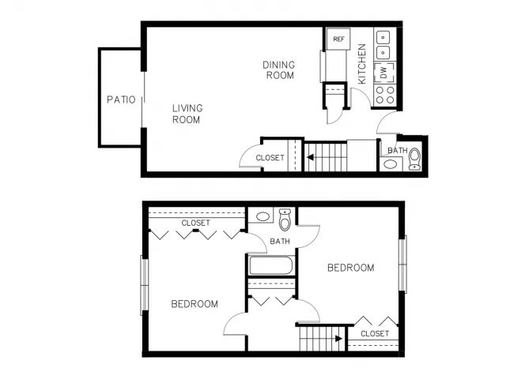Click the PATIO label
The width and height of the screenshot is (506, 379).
click(121, 99)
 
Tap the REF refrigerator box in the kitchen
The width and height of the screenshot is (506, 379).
click(338, 39)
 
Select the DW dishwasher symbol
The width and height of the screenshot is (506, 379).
click(384, 73)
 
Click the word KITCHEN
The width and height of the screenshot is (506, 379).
click(362, 64)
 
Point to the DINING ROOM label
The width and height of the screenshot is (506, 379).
click(279, 70)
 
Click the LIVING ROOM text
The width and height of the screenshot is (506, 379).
click(187, 114)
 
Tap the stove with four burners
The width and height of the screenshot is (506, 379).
click(385, 95)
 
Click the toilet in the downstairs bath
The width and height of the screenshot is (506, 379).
click(414, 159)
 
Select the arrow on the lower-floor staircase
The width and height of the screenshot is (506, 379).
click(310, 157)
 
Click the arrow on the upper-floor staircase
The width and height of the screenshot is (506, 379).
click(338, 339)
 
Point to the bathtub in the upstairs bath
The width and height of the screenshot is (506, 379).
click(271, 265)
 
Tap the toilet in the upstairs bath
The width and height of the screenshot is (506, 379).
click(285, 220)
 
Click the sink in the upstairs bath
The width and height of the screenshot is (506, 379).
click(262, 216)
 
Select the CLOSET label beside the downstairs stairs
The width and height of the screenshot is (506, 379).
click(270, 158)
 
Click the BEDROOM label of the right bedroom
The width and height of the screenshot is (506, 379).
click(351, 268)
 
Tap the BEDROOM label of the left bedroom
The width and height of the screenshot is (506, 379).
click(194, 304)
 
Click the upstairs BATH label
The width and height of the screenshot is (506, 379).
click(280, 241)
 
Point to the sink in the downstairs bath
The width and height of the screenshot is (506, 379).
click(391, 164)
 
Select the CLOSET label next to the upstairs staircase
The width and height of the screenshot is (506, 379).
click(375, 333)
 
